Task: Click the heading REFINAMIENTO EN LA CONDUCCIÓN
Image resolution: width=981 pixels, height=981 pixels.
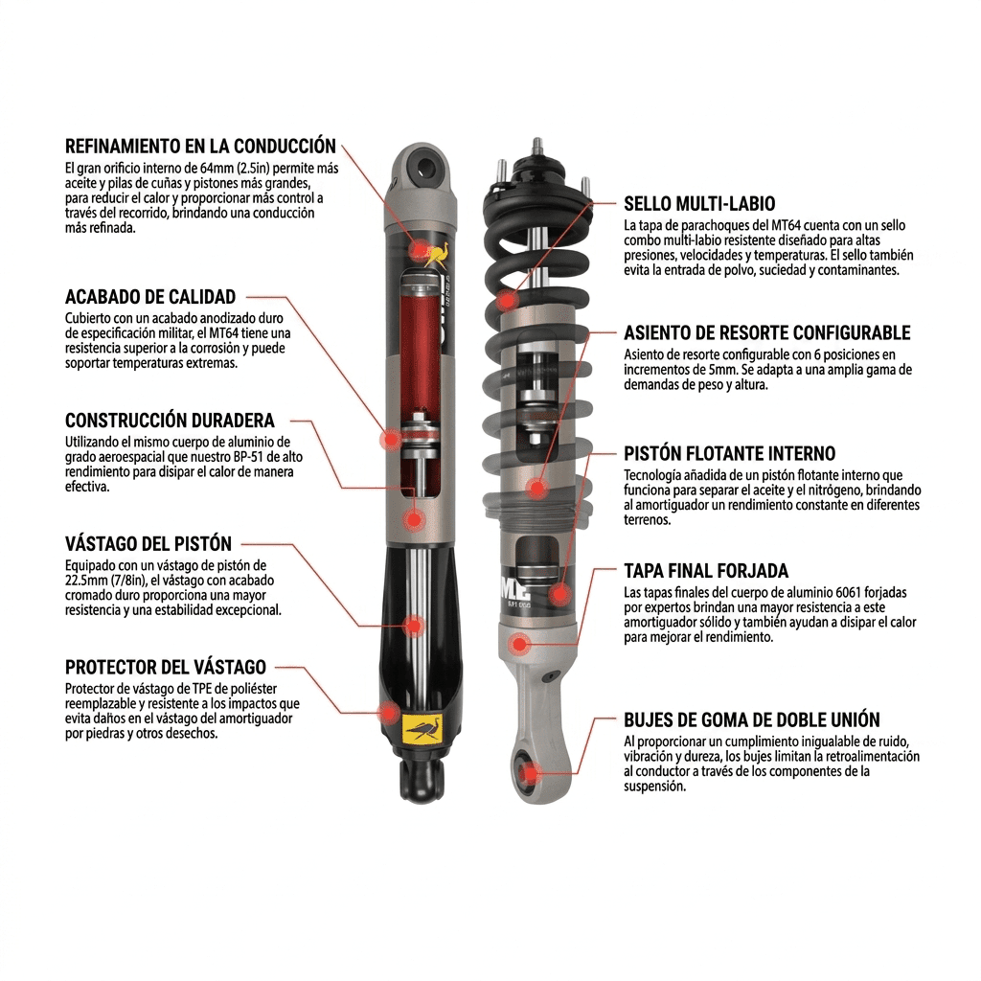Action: click(200, 147)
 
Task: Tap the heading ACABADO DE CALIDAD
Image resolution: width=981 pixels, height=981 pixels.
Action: click(150, 297)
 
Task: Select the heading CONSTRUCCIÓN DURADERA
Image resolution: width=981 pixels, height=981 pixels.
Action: click(170, 420)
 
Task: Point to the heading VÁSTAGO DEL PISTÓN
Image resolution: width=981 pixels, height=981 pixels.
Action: click(148, 543)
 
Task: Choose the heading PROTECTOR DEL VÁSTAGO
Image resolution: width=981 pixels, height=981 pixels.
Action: click(166, 667)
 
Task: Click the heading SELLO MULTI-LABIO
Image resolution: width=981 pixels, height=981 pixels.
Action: click(699, 204)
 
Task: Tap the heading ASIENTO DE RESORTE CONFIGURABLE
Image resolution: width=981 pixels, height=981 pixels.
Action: click(767, 332)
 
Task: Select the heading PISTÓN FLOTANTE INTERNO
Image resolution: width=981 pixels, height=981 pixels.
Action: click(729, 453)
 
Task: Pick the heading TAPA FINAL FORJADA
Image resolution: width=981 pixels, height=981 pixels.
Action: click(706, 571)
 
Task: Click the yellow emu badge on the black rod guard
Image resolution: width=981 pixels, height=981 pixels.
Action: click(423, 729)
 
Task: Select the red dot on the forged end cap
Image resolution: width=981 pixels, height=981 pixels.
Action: click(518, 643)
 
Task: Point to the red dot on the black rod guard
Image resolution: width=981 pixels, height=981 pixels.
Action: click(390, 713)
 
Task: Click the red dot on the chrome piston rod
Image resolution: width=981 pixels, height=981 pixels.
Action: click(414, 625)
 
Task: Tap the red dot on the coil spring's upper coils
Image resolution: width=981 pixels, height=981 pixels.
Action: click(506, 300)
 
